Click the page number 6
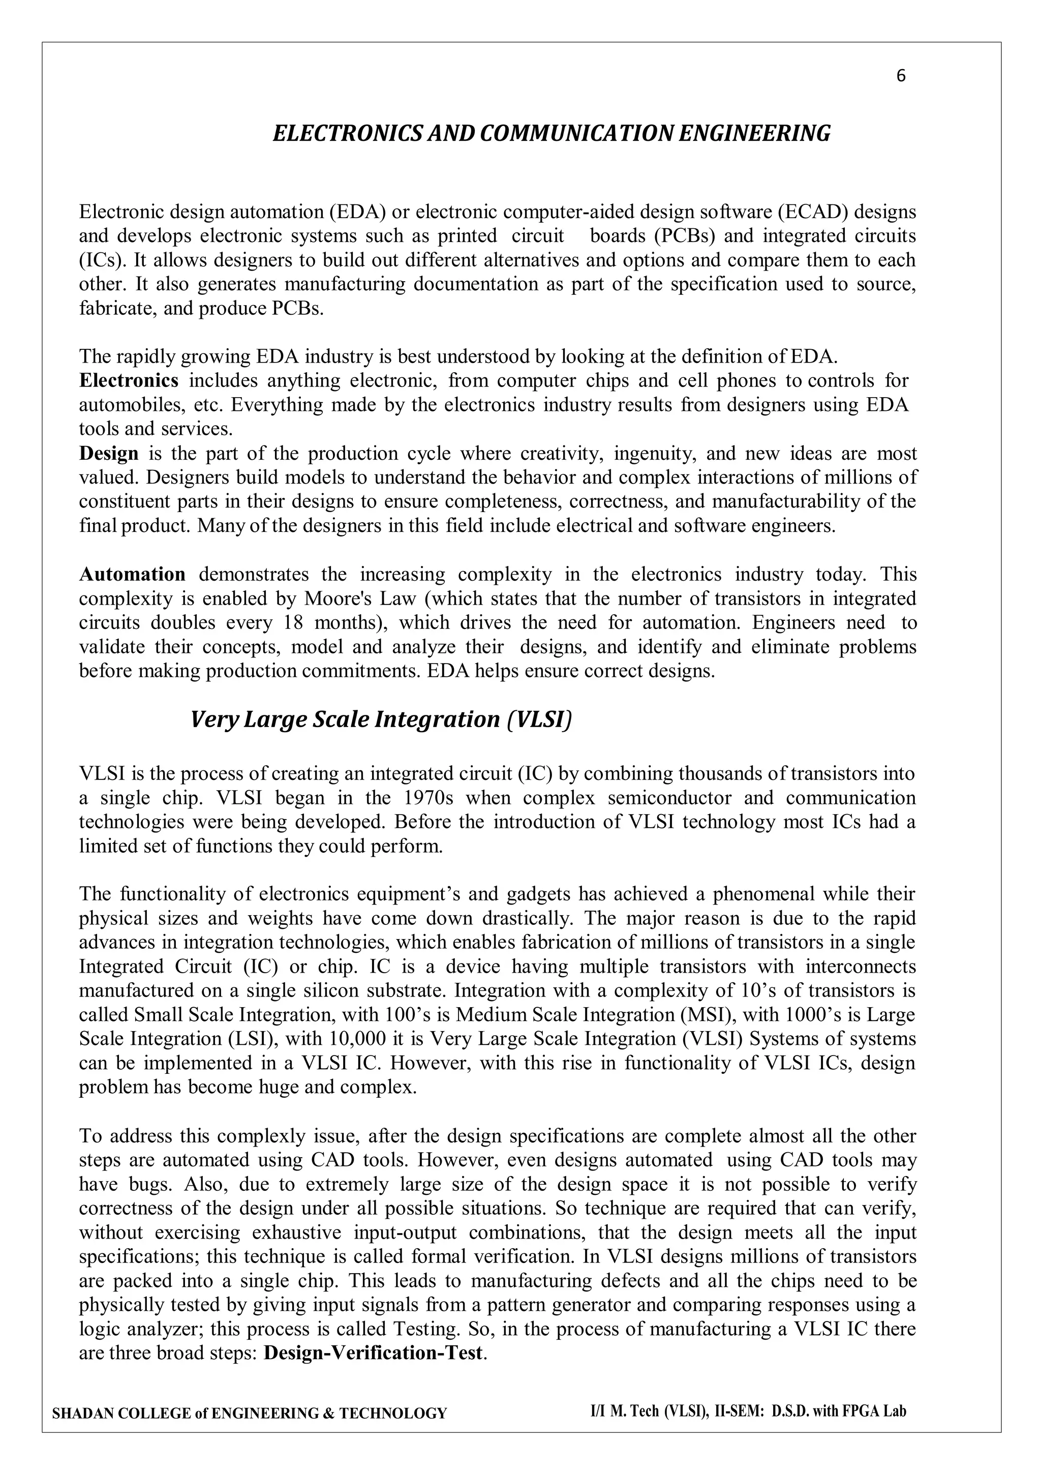(x=901, y=76)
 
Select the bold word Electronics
(x=128, y=381)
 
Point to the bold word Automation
(x=132, y=575)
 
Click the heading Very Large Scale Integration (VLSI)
(x=381, y=720)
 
